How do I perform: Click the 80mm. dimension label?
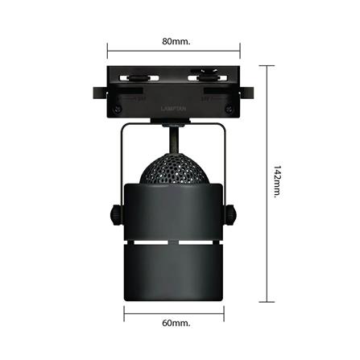pyautogui.click(x=176, y=41)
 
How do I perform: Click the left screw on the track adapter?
pyautogui.click(x=119, y=106)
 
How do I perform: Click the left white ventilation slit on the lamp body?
pyautogui.click(x=144, y=243)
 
